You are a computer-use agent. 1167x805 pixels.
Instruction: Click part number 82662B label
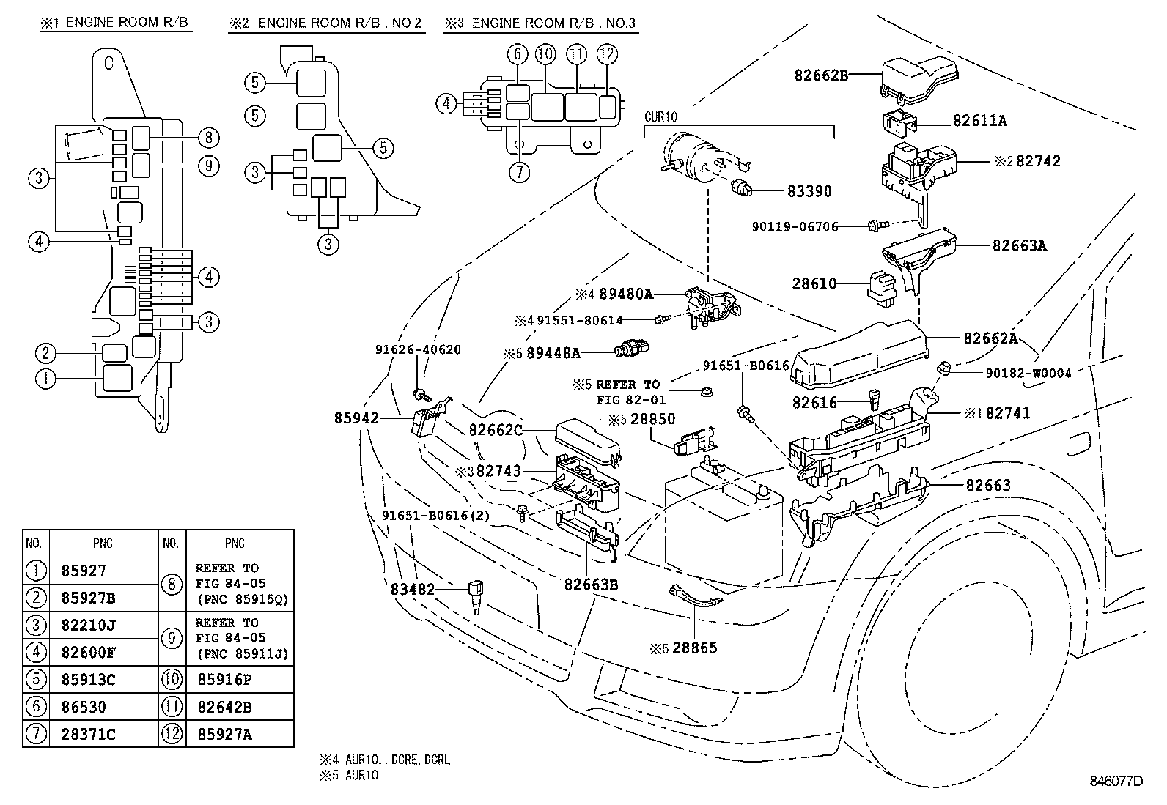pyautogui.click(x=821, y=74)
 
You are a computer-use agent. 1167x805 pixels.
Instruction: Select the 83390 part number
pyautogui.click(x=809, y=191)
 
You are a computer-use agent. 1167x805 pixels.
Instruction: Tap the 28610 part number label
pyautogui.click(x=814, y=283)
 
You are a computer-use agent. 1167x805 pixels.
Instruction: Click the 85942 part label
pyautogui.click(x=357, y=418)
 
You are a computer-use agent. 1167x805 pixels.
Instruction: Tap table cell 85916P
pyautogui.click(x=224, y=679)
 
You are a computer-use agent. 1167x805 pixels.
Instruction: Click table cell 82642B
pyautogui.click(x=224, y=707)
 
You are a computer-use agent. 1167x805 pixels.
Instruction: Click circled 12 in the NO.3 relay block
pyautogui.click(x=607, y=53)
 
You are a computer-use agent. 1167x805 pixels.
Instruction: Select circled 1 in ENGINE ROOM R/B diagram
pyautogui.click(x=45, y=378)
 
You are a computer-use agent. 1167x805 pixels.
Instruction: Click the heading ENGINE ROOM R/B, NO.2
pyautogui.click(x=326, y=23)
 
